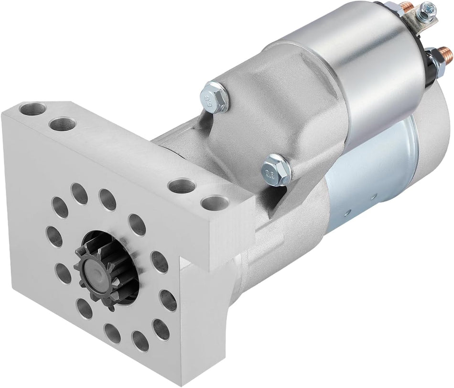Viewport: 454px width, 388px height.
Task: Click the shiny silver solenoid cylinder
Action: point(378,76)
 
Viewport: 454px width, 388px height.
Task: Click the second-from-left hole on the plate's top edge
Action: point(62,124)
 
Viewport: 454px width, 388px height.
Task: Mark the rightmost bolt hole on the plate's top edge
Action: point(212,203)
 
